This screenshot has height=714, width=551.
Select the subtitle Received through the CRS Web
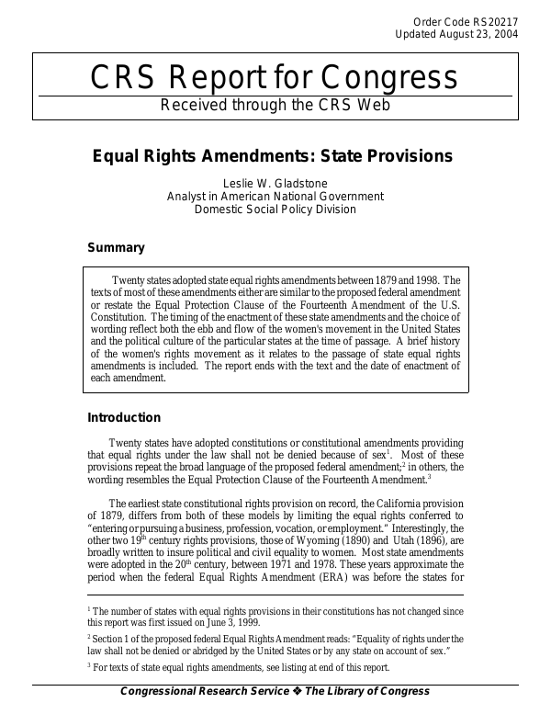[x=275, y=104]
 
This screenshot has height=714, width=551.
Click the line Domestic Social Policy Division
[x=275, y=209]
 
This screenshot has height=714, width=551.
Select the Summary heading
[x=116, y=247]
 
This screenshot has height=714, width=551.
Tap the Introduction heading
[x=123, y=418]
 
